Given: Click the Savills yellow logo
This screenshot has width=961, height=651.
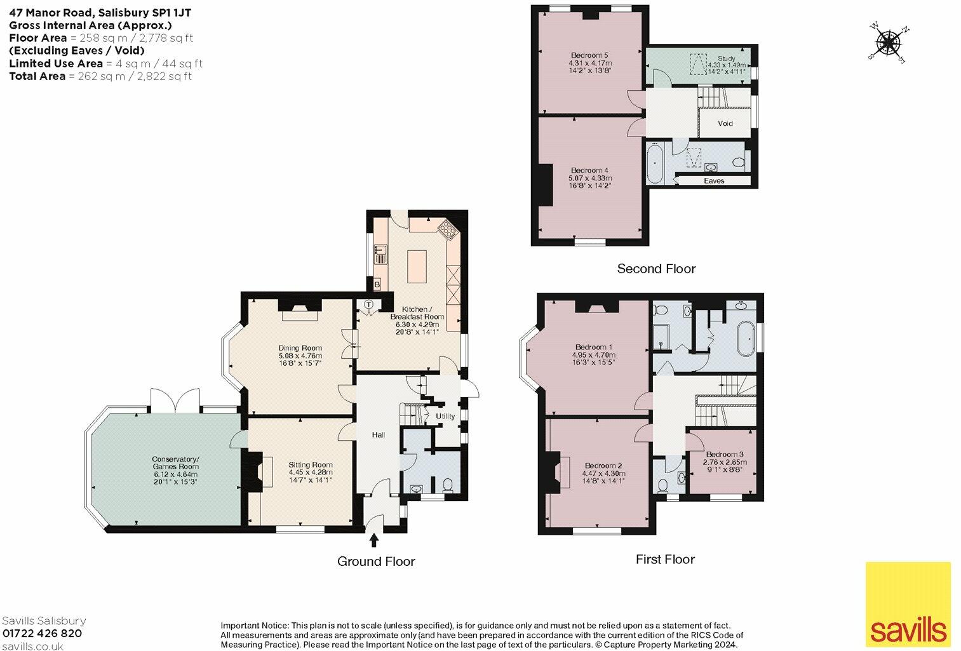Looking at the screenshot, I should (908, 604).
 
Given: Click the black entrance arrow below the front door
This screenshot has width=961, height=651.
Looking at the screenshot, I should (373, 540).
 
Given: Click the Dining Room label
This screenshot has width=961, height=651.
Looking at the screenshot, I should (300, 348).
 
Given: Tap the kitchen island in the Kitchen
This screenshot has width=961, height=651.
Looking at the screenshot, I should (417, 266).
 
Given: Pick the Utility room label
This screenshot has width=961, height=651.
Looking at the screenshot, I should (445, 417).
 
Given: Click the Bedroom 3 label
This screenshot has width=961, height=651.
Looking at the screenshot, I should (724, 454).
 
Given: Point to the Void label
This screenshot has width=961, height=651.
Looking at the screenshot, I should (725, 123).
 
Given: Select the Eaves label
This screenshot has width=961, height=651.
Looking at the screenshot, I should (714, 181).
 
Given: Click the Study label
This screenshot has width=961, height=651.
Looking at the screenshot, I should (726, 58).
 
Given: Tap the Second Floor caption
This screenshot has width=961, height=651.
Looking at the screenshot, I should (656, 269).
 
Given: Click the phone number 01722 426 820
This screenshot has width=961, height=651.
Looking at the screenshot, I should (43, 633).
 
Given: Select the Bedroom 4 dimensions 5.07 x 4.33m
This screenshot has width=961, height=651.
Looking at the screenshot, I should (590, 178).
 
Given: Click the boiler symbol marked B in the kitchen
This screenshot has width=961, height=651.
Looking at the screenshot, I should (377, 284).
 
